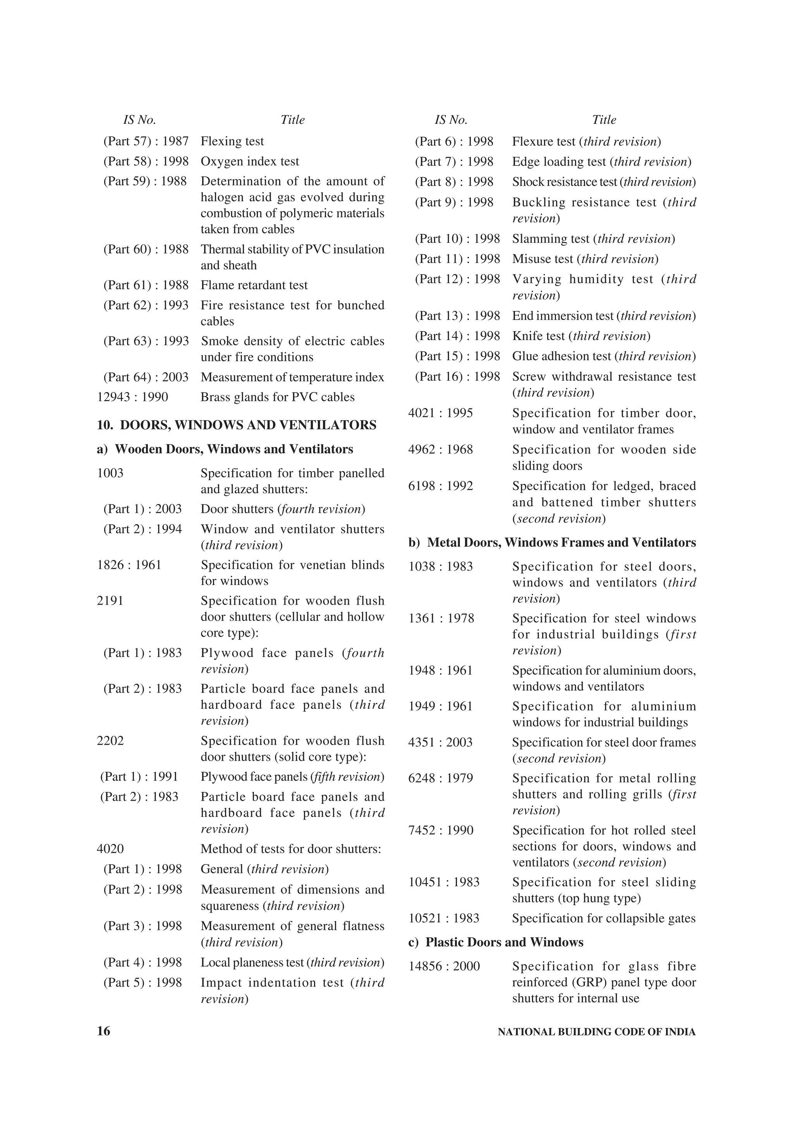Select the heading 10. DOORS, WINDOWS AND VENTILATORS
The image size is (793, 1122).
(237, 425)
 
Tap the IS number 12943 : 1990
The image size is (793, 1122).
(132, 397)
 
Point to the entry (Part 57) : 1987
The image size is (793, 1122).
(146, 141)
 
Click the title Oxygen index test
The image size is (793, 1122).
(250, 161)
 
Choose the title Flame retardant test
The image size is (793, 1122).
(254, 285)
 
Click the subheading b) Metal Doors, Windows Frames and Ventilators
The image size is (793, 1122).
(552, 542)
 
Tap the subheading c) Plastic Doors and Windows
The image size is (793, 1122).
(496, 942)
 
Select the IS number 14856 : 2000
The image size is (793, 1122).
(444, 966)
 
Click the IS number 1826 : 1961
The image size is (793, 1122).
(129, 565)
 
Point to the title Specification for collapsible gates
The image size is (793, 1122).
(603, 918)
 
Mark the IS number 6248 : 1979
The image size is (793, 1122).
(441, 778)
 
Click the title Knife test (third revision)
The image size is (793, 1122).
(581, 336)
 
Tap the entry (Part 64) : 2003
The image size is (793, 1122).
(146, 377)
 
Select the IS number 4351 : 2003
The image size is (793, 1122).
(440, 742)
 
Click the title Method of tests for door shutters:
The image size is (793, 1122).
(291, 849)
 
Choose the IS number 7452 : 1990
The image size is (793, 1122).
(441, 830)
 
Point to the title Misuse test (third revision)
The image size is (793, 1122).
(585, 259)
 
